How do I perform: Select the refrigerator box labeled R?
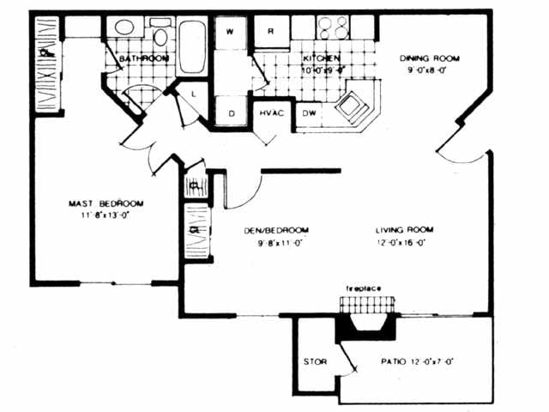(270, 31)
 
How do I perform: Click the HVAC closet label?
(273, 113)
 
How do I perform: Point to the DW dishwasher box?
(307, 113)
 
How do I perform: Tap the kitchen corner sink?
(351, 106)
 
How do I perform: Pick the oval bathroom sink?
(125, 28)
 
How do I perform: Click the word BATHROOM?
(143, 58)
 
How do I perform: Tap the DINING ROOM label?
(430, 58)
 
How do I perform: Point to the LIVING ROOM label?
(403, 230)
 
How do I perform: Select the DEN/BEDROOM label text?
(275, 230)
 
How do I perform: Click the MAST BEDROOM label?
(106, 203)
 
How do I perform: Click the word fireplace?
(363, 288)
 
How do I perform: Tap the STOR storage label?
(315, 361)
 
